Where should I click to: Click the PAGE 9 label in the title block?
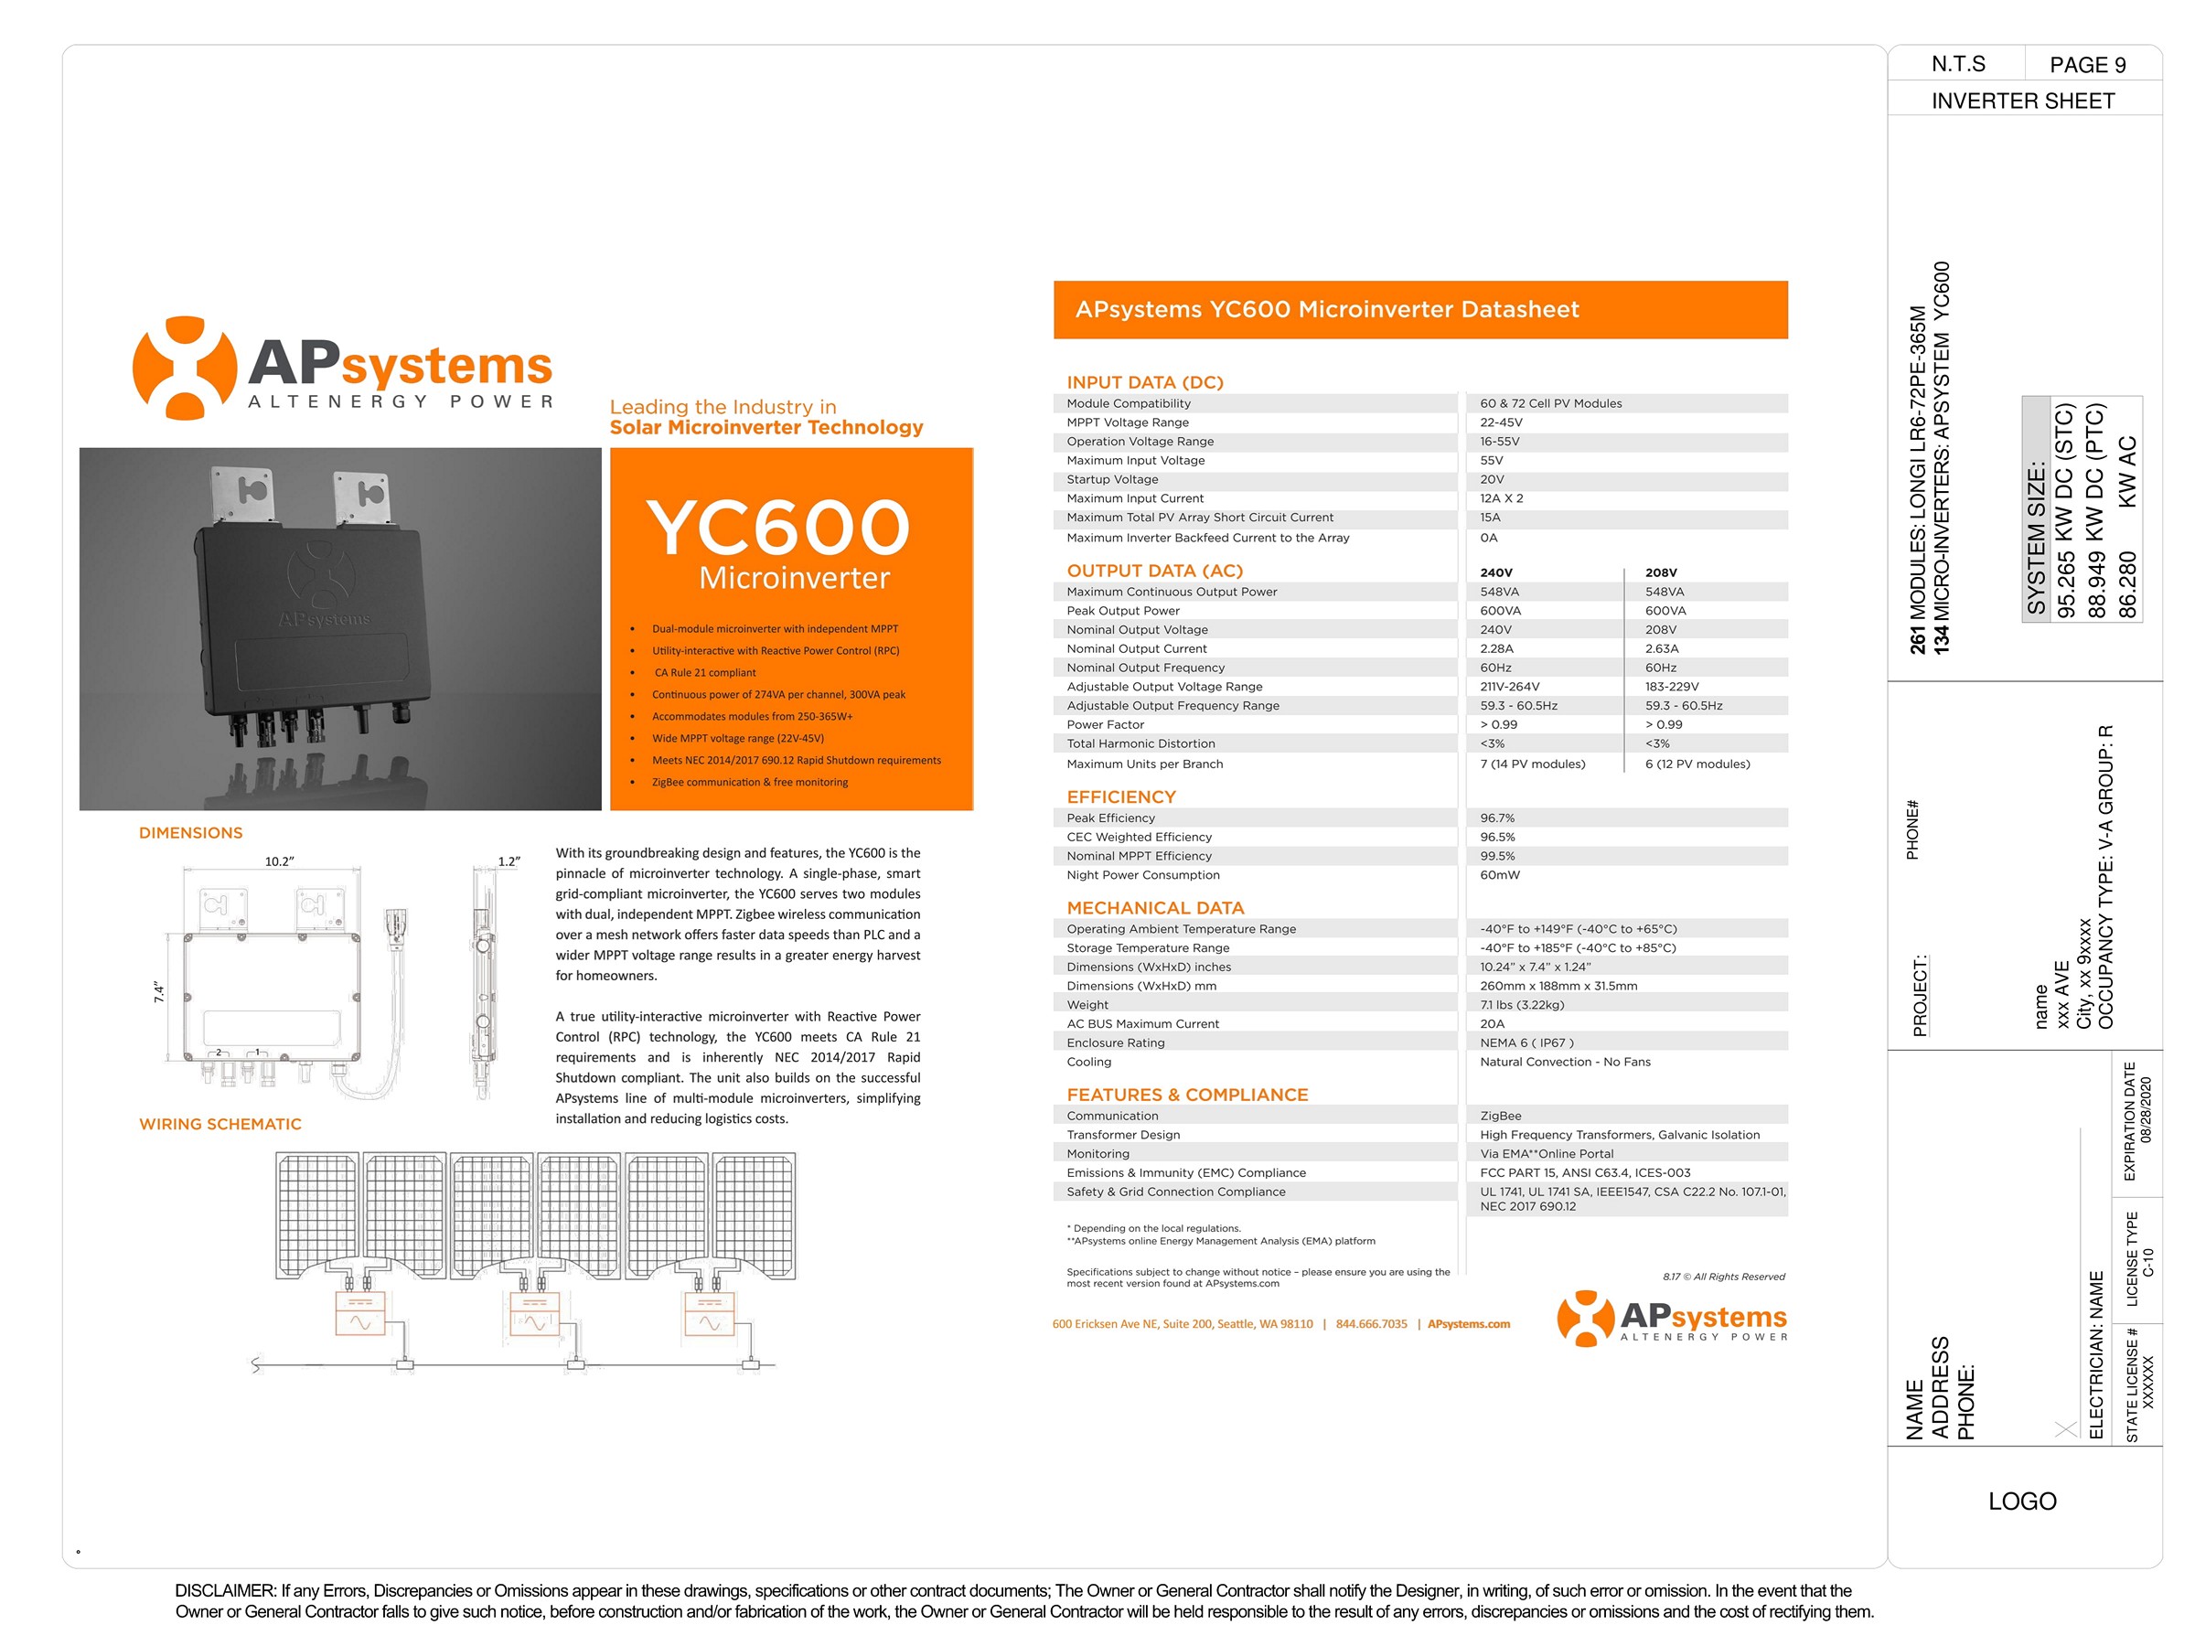2087,66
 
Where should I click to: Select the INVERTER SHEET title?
2022,102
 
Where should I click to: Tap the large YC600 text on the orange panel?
778,527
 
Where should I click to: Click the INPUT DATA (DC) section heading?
1144,382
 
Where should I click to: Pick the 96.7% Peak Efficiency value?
1496,818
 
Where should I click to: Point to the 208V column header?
1660,572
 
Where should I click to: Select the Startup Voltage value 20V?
1492,479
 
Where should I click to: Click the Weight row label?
1087,1005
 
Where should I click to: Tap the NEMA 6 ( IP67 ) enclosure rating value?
1526,1042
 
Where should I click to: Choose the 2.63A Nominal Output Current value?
1661,649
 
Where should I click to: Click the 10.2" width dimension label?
279,861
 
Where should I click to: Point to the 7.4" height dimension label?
160,991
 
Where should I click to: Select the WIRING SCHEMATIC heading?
220,1124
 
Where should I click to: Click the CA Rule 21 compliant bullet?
704,673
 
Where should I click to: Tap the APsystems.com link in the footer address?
1469,1324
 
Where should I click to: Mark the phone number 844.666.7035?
1371,1324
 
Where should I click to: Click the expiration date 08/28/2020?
2147,1110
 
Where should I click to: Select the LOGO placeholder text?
2021,1502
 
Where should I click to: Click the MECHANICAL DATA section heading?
1155,908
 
